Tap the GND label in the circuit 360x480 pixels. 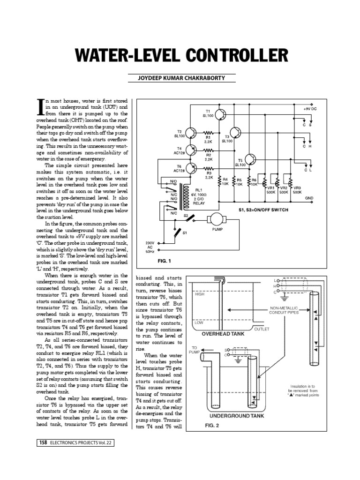coord(309,197)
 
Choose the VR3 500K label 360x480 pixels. coord(296,189)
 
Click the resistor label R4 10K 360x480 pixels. coord(225,182)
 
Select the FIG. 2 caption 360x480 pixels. coord(212,426)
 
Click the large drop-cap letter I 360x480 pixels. coord(41,108)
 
